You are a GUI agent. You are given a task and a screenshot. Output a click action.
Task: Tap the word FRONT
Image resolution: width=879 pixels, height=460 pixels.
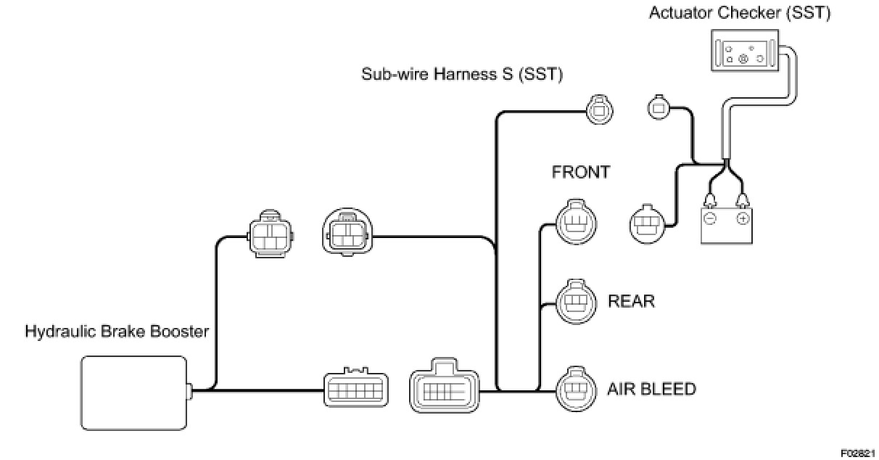(581, 173)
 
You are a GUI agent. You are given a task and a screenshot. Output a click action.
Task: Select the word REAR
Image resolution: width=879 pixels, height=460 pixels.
(631, 300)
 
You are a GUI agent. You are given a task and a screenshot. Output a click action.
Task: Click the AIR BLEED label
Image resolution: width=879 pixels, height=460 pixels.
(651, 389)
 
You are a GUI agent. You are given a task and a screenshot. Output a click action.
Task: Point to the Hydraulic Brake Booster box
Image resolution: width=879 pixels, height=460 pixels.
(133, 392)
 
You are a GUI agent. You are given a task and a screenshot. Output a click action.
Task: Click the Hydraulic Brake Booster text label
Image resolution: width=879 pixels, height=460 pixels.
(117, 332)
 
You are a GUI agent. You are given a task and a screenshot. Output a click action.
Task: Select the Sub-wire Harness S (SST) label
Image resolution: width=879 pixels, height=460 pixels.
(462, 75)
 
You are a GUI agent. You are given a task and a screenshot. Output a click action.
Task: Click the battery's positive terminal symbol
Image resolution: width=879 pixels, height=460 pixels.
(743, 218)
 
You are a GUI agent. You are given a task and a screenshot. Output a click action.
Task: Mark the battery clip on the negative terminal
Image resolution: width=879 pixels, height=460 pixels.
(711, 198)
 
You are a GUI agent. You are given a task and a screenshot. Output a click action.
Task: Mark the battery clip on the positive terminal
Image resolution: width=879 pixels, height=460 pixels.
(743, 198)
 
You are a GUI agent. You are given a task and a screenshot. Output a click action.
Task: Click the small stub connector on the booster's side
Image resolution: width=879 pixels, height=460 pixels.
(190, 390)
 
